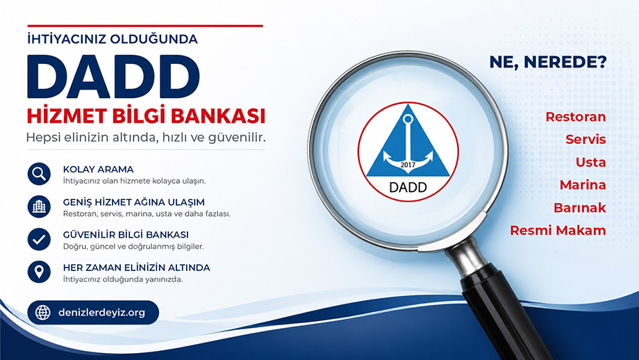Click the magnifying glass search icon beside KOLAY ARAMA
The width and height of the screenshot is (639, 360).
(39, 174)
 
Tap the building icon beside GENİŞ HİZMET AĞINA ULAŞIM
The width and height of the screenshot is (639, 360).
(39, 206)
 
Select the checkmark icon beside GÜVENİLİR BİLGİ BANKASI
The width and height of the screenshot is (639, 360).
(39, 239)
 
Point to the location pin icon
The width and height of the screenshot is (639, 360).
(39, 272)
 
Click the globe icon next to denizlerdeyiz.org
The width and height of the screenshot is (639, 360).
(43, 313)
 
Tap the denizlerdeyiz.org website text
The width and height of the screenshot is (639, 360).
(102, 313)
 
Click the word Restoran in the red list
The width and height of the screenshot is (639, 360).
(575, 117)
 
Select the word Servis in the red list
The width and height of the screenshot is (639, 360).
(586, 140)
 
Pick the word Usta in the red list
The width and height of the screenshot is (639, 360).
(591, 162)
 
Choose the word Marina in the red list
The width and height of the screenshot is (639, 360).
(583, 185)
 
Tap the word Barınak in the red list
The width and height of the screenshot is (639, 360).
(580, 208)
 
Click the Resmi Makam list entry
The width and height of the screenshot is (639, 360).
(558, 230)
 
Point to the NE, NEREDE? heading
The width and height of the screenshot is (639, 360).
(548, 62)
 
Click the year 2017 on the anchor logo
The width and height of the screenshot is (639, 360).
(408, 165)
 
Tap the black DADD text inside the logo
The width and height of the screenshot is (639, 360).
(408, 187)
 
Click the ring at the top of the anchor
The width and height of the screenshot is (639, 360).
(408, 119)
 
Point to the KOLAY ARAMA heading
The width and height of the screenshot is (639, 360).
(98, 169)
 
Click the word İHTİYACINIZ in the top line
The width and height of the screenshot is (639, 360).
(67, 39)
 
